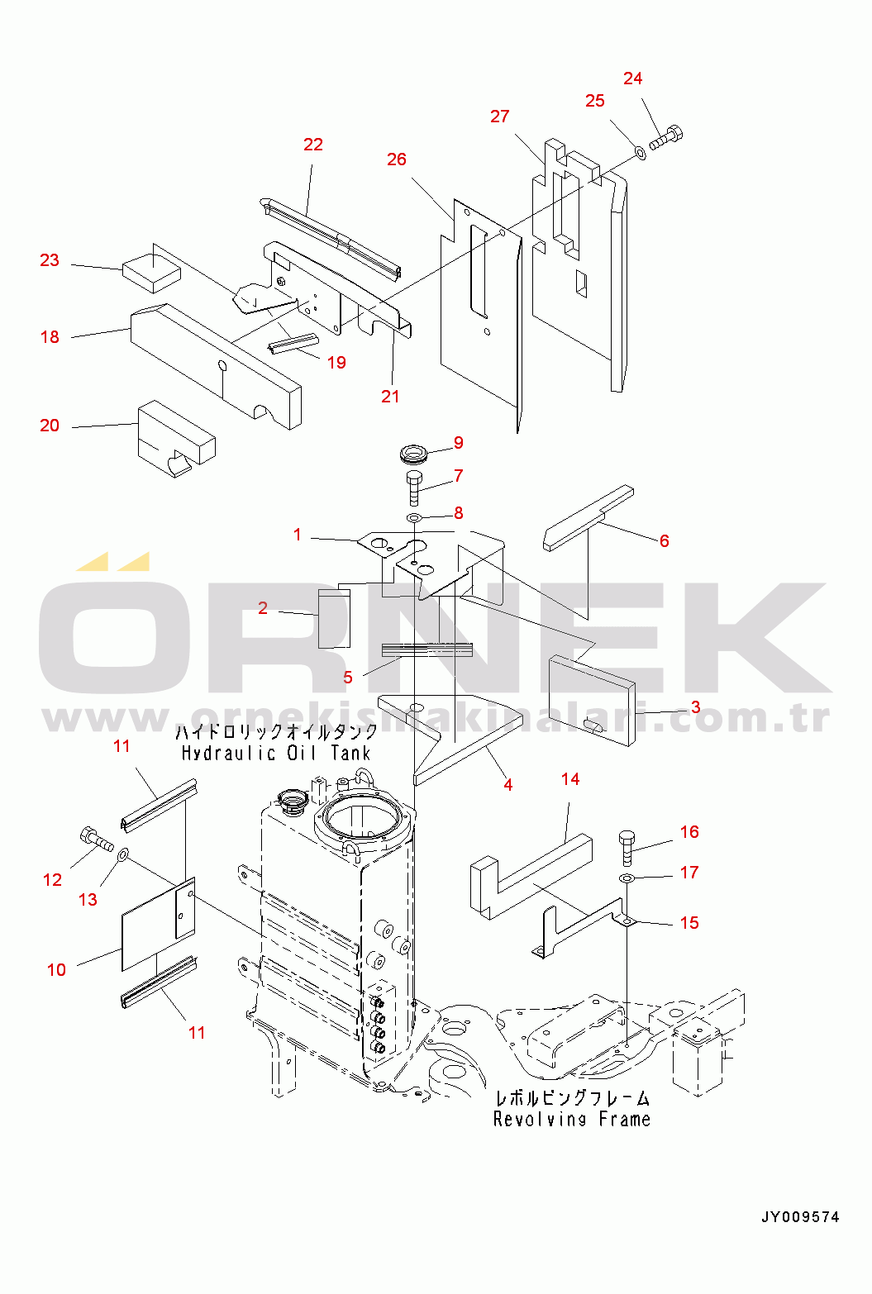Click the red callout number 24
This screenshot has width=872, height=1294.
point(633,78)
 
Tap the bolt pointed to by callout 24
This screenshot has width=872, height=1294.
point(667,137)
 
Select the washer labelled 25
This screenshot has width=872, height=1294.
point(641,153)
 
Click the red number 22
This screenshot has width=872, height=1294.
point(313,145)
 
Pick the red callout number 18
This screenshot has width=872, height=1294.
point(50,337)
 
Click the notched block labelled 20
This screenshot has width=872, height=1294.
point(176,439)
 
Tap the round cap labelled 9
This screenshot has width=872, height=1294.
point(414,453)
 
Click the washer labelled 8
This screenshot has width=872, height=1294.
point(414,517)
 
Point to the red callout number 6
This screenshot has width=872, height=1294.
point(665,540)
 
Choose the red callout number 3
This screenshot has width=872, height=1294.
point(696,707)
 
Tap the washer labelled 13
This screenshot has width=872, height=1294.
point(123,855)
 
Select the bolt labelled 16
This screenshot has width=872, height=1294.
point(627,848)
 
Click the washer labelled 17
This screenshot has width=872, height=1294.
point(627,878)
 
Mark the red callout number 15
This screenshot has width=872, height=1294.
point(689,922)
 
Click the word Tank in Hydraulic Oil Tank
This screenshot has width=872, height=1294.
point(350,754)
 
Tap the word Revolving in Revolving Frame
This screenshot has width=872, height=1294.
point(540,1120)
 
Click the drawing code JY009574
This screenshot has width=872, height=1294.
point(800,1216)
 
